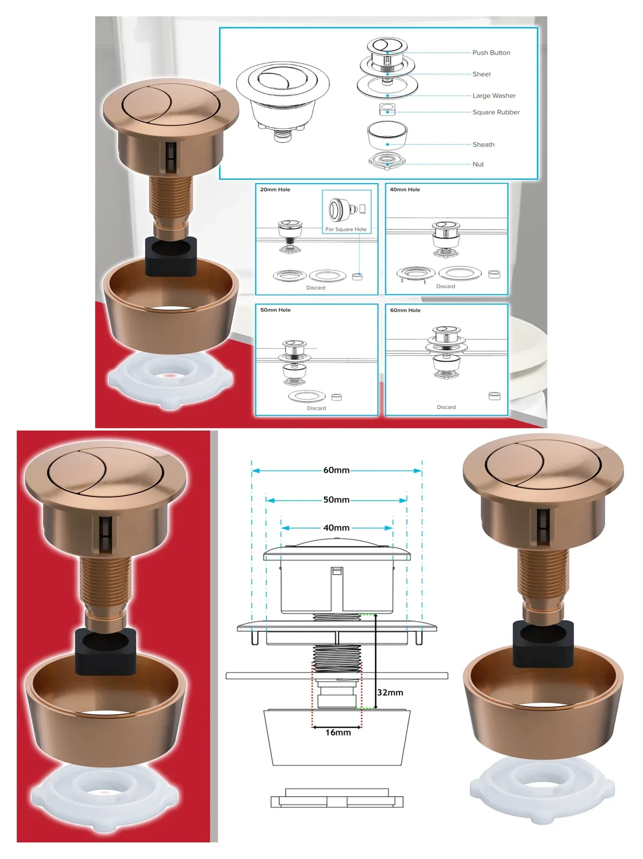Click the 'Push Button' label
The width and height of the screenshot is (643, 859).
[x=491, y=52]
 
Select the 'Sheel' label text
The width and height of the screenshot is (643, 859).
[x=481, y=74]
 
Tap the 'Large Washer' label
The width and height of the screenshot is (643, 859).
[x=494, y=96]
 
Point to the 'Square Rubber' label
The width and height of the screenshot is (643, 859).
[x=496, y=112]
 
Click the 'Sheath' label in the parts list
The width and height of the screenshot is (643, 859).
[x=483, y=144]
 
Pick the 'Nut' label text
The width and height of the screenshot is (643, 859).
[x=478, y=165]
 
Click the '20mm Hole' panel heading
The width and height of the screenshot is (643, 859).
[x=275, y=189]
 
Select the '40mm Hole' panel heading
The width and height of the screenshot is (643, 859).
[x=405, y=189]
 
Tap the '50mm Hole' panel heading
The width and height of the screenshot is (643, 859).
[x=276, y=310]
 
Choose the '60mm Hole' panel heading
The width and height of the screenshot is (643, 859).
[x=405, y=310]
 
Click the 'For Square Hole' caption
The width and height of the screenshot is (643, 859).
[x=346, y=230]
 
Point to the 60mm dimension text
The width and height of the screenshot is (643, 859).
[x=336, y=470]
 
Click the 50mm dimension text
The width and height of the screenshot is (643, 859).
[x=336, y=500]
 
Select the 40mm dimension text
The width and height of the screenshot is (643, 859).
[x=336, y=528]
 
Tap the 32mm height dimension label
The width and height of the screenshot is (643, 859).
[x=390, y=692]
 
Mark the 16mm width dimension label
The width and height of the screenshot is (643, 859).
[x=338, y=732]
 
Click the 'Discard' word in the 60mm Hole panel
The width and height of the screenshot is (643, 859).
[x=446, y=407]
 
